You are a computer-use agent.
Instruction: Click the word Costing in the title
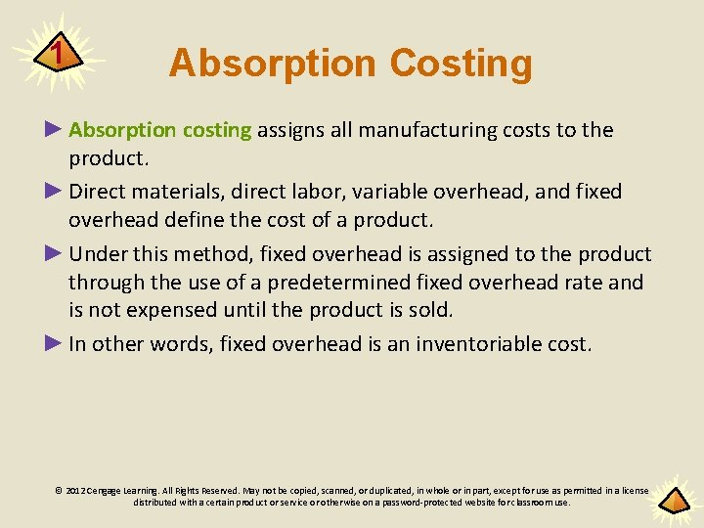[461, 64]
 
